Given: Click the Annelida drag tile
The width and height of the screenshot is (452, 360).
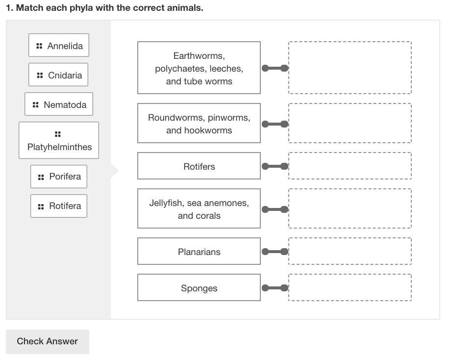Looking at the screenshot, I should (x=59, y=46).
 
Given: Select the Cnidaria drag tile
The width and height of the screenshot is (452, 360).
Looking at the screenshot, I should (x=58, y=75).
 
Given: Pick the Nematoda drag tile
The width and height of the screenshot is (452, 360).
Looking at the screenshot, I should (x=59, y=104).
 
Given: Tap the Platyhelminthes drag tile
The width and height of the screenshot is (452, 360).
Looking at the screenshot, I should (x=59, y=140).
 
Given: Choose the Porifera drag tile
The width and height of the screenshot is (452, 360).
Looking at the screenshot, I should (x=59, y=176).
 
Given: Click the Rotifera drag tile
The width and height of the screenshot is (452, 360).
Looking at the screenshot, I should (x=59, y=206).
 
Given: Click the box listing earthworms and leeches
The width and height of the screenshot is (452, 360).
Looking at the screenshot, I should (x=199, y=68).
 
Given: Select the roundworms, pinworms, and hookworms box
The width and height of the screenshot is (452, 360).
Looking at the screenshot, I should (x=199, y=124).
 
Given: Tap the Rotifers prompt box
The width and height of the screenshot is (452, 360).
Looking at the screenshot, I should (x=199, y=166).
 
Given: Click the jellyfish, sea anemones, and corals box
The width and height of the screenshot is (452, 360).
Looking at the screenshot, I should (x=199, y=209).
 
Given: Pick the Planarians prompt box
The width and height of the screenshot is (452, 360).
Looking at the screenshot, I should (x=199, y=252).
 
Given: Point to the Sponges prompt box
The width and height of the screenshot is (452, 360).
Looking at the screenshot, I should (x=199, y=288).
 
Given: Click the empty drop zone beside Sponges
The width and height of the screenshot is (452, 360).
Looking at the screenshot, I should (x=350, y=288).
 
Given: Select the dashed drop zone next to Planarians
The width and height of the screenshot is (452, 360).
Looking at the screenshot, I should (x=350, y=252).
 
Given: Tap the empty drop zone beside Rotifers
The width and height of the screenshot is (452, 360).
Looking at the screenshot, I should (x=350, y=166).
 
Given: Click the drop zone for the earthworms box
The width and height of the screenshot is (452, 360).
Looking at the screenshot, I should (x=350, y=68).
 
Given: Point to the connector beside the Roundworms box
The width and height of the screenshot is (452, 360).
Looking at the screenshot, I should (x=275, y=124).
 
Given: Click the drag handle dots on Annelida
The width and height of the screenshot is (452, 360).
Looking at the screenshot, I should (x=39, y=46).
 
